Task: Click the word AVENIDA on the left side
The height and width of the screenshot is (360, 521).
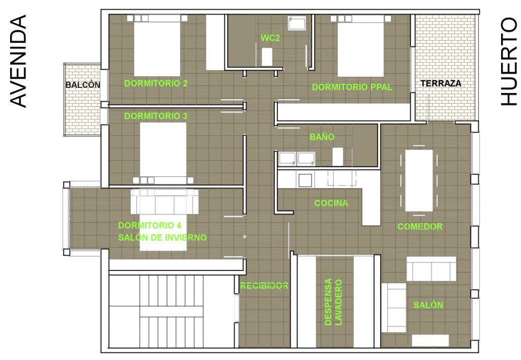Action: [18, 61]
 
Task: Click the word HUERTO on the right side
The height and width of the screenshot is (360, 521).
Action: [509, 62]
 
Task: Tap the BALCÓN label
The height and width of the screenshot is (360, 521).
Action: [83, 85]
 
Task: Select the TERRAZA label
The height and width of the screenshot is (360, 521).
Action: [441, 83]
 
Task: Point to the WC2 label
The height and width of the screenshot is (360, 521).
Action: [270, 38]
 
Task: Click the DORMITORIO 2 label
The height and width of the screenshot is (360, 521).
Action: [156, 83]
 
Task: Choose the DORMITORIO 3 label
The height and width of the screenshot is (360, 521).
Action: [156, 116]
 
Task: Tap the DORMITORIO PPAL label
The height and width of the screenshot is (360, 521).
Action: [352, 87]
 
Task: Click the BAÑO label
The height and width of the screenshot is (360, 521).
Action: [322, 136]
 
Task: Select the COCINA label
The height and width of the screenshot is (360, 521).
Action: [331, 203]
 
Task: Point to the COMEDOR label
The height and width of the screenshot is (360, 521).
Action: [420, 226]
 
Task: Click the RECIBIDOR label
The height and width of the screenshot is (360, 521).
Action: [264, 285]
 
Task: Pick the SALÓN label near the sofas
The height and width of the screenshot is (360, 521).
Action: [428, 305]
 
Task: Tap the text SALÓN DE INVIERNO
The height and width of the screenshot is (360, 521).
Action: [162, 237]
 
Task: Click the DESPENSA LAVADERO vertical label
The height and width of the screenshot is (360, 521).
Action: [333, 302]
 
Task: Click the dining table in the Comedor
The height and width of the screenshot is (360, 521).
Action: [419, 181]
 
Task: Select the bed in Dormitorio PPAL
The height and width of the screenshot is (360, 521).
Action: [361, 46]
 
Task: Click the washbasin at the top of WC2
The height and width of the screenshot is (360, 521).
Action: [297, 23]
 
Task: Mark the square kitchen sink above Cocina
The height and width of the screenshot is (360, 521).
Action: [305, 181]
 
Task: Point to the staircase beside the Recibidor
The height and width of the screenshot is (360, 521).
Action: [171, 311]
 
